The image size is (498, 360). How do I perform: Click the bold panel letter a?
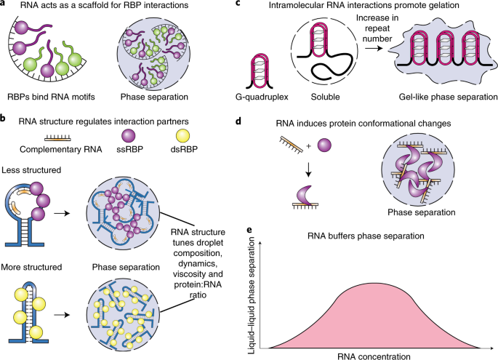click(5, 7)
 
